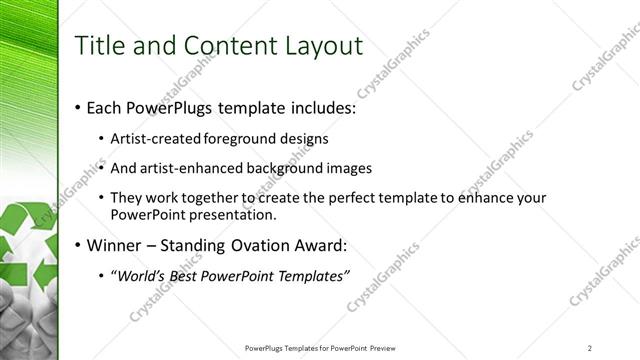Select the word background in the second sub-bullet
284,168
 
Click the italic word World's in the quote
142,276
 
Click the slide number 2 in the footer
590,347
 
